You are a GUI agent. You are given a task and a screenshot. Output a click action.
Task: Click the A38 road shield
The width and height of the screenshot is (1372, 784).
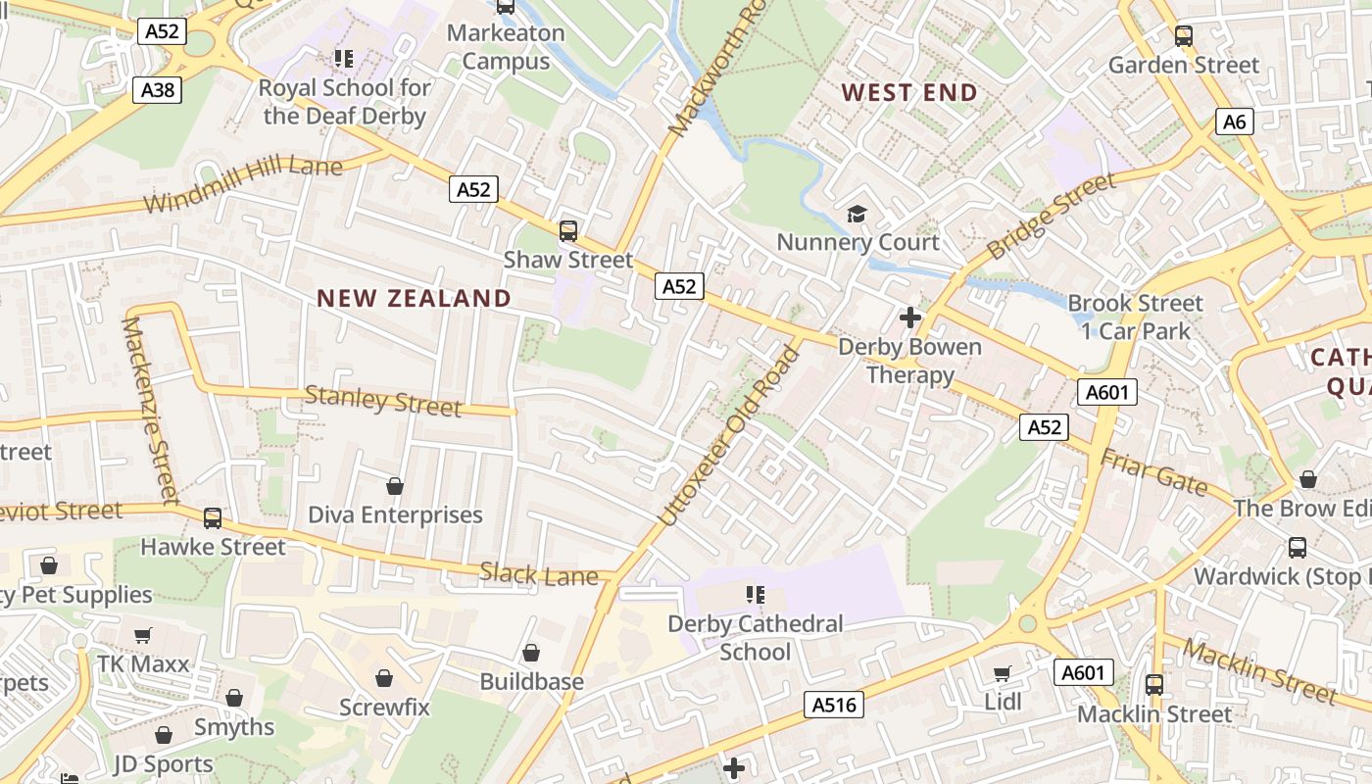tap(158, 91)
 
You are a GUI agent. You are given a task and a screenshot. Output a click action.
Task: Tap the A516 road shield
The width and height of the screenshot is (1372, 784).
tap(835, 705)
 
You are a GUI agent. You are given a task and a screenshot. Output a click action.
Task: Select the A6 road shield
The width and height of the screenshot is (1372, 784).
tap(1235, 122)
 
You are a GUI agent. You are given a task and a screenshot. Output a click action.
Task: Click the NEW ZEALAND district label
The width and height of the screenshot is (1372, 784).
tap(414, 298)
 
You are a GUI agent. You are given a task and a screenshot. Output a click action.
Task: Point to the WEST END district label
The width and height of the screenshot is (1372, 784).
tap(909, 93)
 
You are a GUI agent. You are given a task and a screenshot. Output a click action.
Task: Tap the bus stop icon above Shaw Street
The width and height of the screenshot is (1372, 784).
tap(568, 232)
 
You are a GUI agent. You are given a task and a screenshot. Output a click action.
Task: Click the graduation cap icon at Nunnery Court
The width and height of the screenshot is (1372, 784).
tap(857, 214)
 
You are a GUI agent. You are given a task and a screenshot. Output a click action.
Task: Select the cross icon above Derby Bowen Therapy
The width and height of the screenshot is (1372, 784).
tap(910, 318)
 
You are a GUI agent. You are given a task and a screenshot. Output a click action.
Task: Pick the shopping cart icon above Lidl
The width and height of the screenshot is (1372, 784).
tap(1003, 673)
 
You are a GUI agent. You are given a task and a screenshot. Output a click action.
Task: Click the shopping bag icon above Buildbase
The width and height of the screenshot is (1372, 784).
tap(531, 653)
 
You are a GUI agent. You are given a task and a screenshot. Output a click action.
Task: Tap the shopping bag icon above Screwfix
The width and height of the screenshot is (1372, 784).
tap(384, 678)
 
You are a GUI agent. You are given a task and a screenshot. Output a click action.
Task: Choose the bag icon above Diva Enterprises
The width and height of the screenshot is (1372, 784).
tap(395, 486)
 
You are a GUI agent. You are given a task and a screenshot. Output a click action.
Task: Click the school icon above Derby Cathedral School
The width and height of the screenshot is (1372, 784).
tap(755, 595)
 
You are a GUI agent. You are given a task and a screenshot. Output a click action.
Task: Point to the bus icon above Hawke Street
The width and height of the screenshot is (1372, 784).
tap(213, 518)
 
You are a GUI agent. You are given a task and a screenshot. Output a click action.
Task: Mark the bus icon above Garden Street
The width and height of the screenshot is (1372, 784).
tap(1184, 37)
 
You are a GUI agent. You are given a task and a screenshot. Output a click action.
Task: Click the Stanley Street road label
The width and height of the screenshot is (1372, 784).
tap(382, 401)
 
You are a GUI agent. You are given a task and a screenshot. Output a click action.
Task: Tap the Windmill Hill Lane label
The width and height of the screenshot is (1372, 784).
tap(243, 185)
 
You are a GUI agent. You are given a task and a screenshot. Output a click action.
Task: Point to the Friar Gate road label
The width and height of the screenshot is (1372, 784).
tap(1153, 472)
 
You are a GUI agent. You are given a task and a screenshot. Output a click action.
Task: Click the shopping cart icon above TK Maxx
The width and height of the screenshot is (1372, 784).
tap(143, 636)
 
